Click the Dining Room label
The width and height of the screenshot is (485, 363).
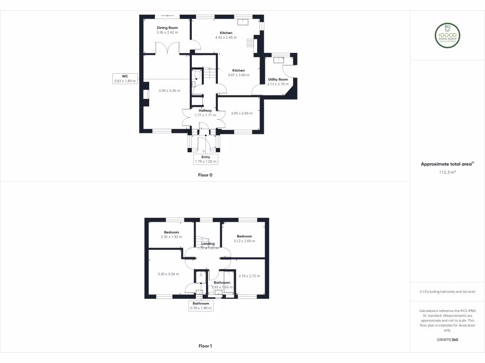coord(167,28)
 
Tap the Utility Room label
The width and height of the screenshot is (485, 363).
coord(278,79)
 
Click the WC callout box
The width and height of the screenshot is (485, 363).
coord(125,78)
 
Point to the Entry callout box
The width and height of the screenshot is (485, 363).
coord(205,159)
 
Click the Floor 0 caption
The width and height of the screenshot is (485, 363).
coord(205,175)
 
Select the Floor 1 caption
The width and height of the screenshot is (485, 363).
coord(205,346)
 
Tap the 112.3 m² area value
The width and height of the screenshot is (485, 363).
coord(447,173)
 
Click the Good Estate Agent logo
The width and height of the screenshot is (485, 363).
coord(448,35)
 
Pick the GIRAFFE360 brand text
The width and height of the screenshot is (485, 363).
coord(448,339)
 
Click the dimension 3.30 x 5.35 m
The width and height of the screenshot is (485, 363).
coord(169,91)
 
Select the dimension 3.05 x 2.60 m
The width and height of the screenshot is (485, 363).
coord(242,113)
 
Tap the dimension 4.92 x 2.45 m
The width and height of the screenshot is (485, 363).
coord(226,37)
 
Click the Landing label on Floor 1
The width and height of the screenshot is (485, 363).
coord(208,244)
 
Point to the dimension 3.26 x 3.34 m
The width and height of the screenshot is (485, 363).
coord(168,274)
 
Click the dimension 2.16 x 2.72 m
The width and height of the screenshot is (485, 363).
coord(249,276)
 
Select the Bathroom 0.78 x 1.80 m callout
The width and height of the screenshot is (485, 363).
coord(201,306)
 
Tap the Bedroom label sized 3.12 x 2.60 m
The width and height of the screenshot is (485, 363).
coord(244,236)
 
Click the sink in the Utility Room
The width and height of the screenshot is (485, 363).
coord(278,60)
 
